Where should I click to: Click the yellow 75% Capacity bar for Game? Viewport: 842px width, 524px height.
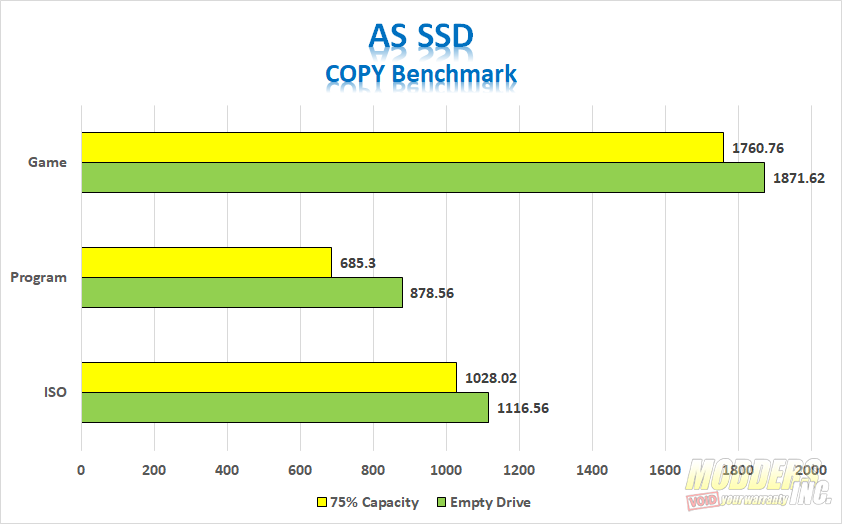[x=403, y=148]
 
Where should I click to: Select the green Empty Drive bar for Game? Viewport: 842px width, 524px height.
[x=423, y=178]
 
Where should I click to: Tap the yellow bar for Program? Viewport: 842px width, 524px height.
[x=207, y=263]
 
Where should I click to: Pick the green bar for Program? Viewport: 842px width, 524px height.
[x=242, y=293]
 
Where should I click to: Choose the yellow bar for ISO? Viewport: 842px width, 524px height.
[x=269, y=377]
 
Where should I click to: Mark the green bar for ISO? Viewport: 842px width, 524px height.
[x=285, y=407]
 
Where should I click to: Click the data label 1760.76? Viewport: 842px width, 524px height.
[x=758, y=148]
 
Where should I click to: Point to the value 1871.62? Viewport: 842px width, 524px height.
[x=799, y=178]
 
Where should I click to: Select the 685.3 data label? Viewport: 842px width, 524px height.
[x=358, y=263]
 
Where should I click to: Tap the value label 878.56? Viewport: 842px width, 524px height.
[x=432, y=293]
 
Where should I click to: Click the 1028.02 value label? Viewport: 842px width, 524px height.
[x=491, y=378]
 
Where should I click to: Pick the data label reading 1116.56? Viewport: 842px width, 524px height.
[x=523, y=408]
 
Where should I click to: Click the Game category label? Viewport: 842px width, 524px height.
[x=47, y=162]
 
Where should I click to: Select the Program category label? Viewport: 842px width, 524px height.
[x=39, y=278]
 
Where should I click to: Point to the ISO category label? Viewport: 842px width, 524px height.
[x=55, y=392]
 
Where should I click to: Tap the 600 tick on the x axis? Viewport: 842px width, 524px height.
[x=300, y=470]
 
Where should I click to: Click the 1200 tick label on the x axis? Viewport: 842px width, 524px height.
[x=519, y=470]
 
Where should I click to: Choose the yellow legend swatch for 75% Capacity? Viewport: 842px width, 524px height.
[x=322, y=503]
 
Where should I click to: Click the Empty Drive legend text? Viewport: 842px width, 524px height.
[x=490, y=503]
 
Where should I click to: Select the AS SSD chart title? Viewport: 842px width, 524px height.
[x=421, y=37]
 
